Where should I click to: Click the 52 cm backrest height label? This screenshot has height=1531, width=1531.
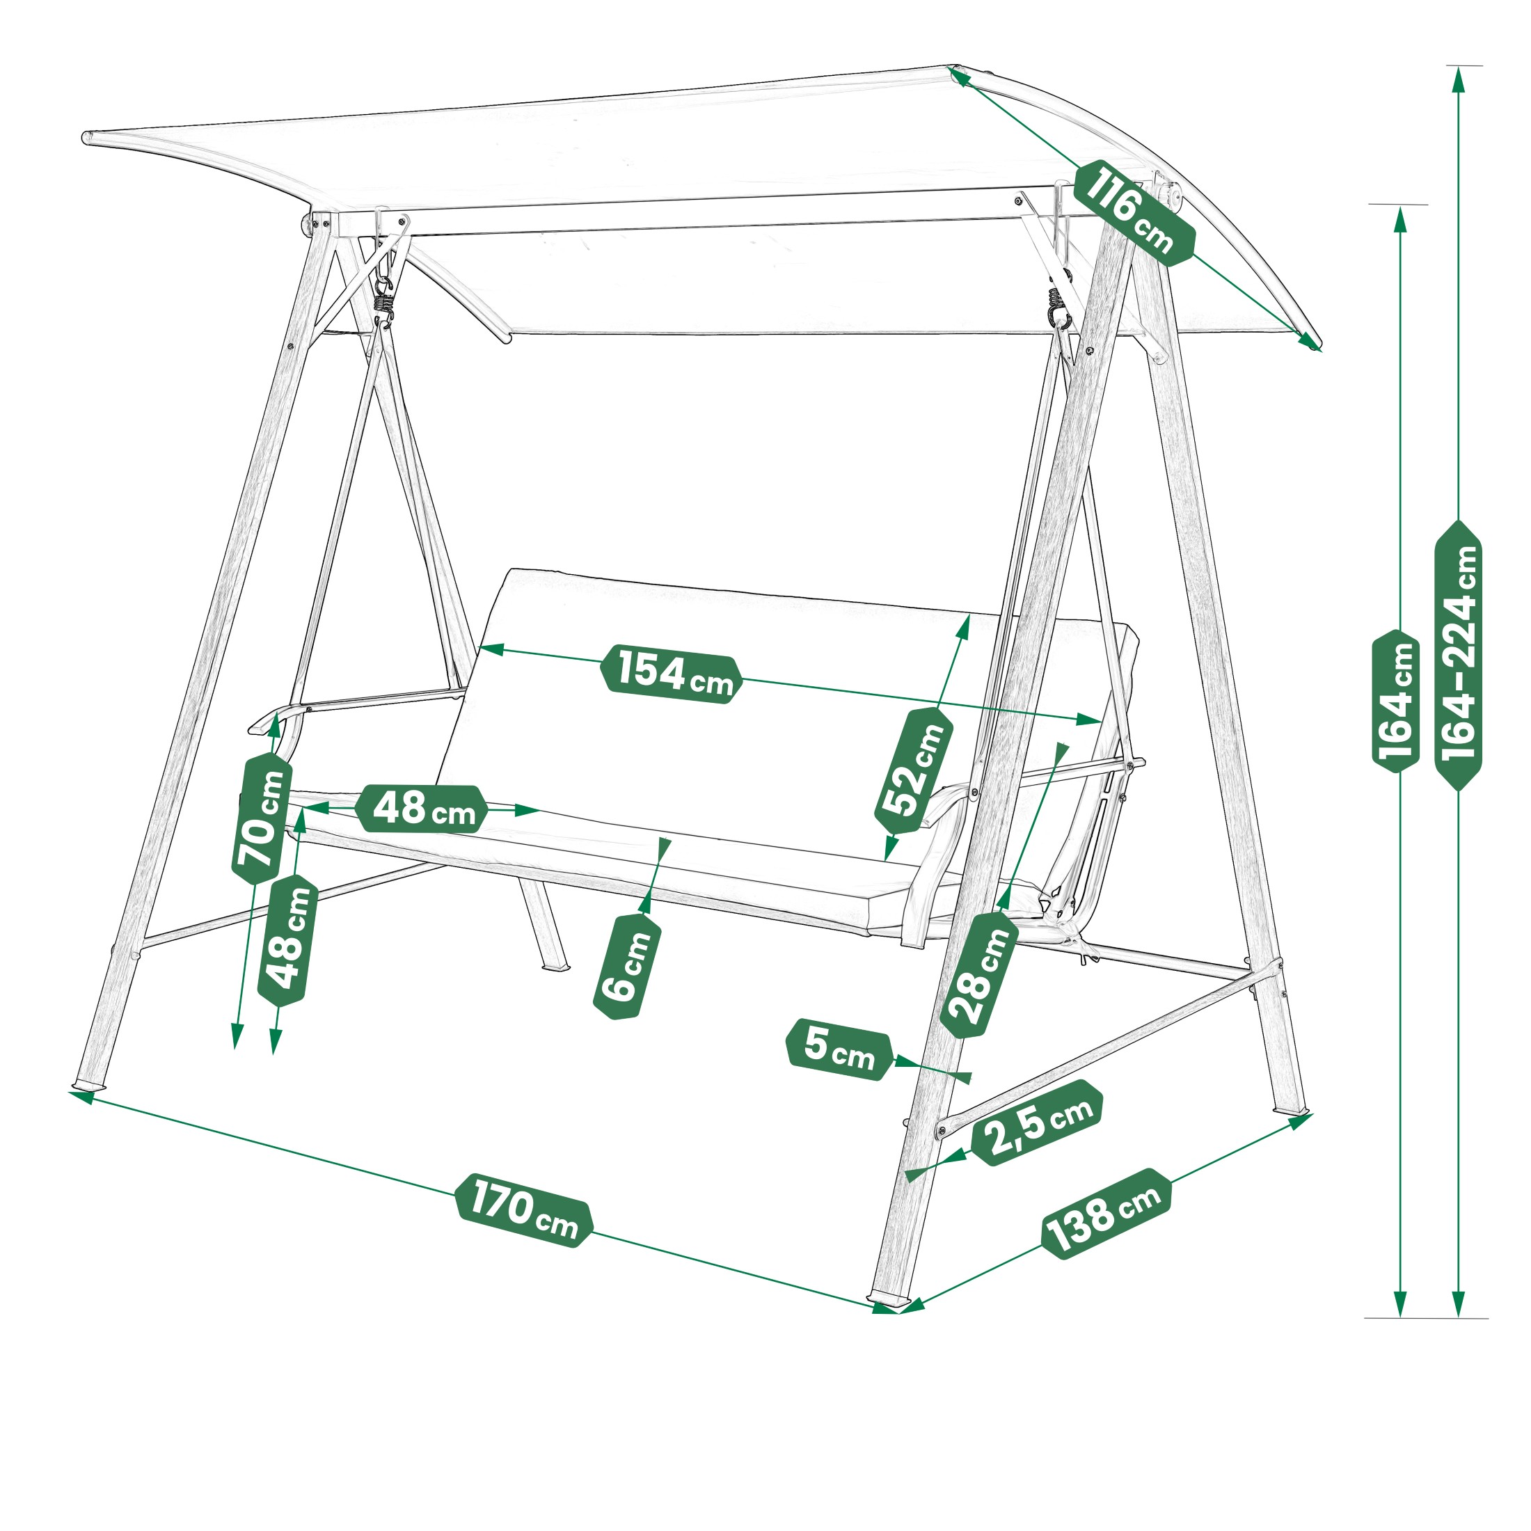pos(914,770)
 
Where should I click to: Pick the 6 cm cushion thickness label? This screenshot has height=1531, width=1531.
pos(627,965)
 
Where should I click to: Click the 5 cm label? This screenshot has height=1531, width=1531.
pos(839,1049)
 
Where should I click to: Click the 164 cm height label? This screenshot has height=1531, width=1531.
pos(1395,702)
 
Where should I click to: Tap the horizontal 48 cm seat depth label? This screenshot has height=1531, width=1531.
pos(421,809)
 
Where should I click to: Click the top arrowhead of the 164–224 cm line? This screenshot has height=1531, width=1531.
pos(1458,79)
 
